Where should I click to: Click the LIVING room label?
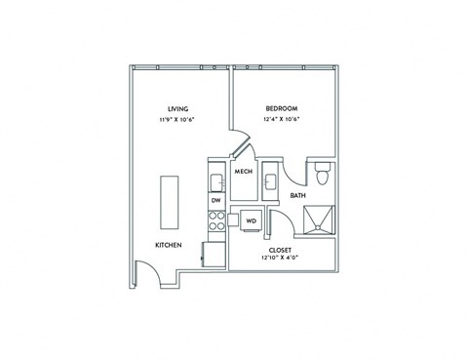[x=177, y=107]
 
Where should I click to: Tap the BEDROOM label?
[x=281, y=107]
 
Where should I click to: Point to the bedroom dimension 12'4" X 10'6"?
[x=281, y=119]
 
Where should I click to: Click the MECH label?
[x=244, y=172]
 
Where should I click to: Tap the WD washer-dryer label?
[x=251, y=220]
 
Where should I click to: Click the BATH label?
[x=297, y=196]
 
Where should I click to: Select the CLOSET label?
[x=281, y=250]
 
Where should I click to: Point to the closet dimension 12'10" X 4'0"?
[x=281, y=260]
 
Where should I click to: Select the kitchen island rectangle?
[x=172, y=201]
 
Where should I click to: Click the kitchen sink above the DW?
[x=215, y=181]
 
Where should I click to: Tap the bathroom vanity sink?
[x=273, y=180]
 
